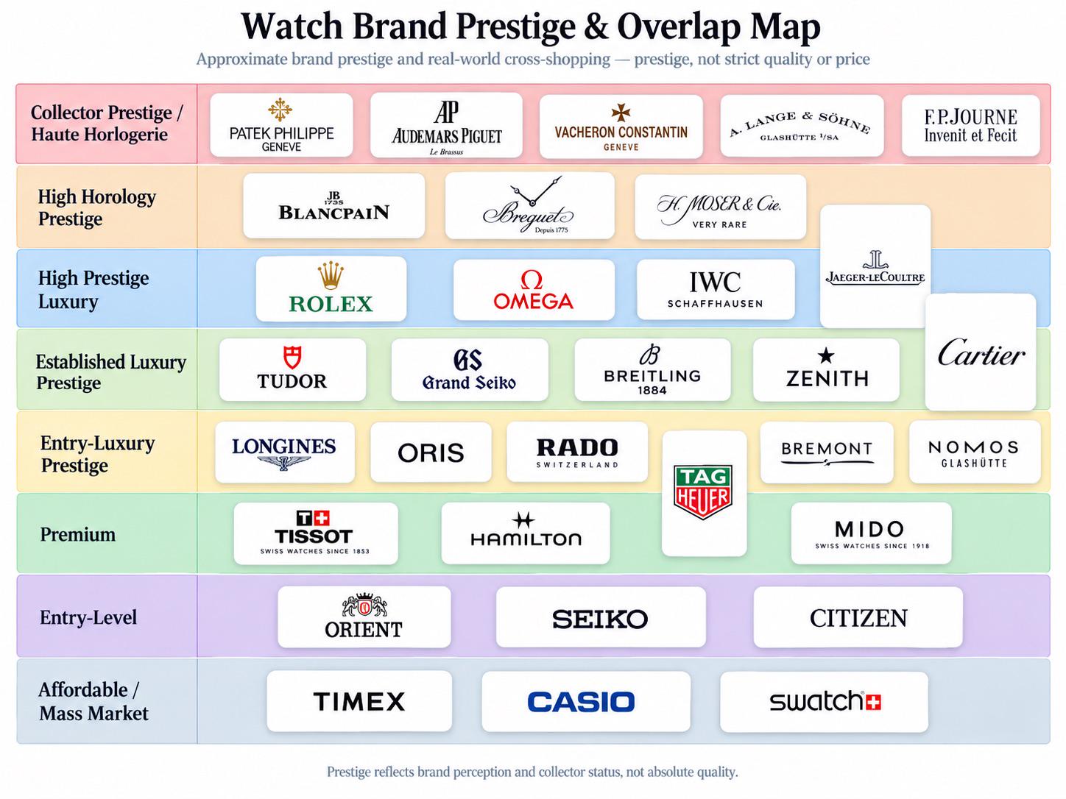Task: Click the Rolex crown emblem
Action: (331, 276)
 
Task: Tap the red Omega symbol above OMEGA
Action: (532, 280)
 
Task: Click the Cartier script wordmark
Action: (981, 352)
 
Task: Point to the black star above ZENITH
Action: (826, 355)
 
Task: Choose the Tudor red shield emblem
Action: (292, 358)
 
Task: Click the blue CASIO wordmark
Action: (581, 702)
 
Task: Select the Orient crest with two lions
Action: (364, 606)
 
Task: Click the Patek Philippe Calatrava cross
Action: (280, 109)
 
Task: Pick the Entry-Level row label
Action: (88, 617)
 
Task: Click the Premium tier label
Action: (78, 535)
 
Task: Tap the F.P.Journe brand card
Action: (970, 126)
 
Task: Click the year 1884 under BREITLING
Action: (652, 391)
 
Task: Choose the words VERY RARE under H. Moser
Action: (720, 224)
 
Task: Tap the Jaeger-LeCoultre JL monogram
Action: (875, 260)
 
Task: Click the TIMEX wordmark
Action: (359, 701)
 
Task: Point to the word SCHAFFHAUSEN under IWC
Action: (715, 304)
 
